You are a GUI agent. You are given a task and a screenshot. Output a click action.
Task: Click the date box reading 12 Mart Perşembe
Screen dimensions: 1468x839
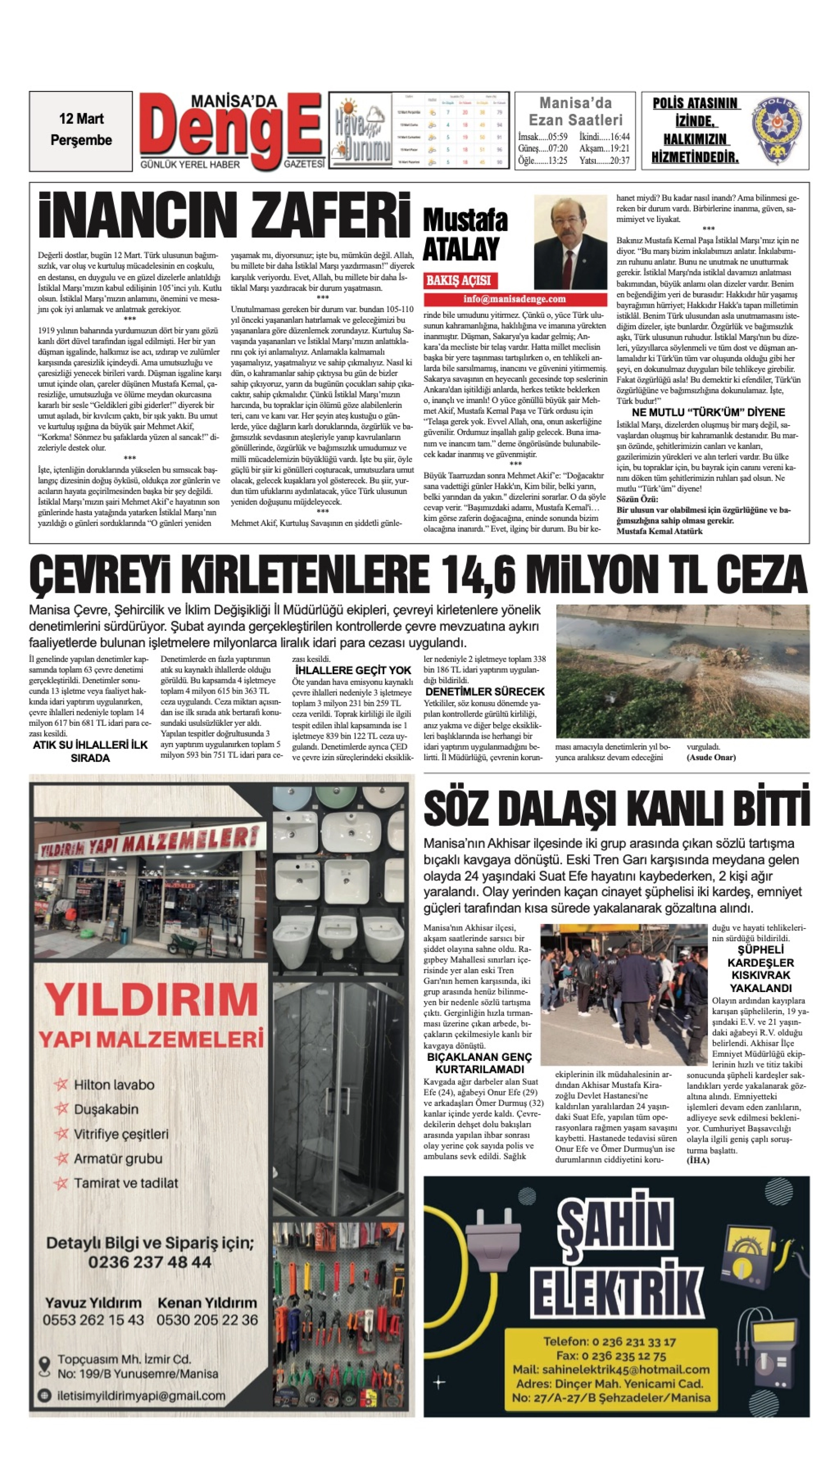coord(81,130)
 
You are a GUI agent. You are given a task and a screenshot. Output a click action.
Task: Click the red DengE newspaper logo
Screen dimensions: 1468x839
coord(231,132)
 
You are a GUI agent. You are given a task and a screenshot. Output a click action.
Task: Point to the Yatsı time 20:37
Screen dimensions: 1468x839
coord(605,161)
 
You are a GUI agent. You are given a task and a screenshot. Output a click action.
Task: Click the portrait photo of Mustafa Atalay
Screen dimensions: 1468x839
coord(570,242)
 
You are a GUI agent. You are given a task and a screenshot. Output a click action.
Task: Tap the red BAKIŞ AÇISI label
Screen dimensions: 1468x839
coord(459,281)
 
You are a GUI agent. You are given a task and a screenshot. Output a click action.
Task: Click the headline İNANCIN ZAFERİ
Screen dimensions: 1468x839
coord(225,215)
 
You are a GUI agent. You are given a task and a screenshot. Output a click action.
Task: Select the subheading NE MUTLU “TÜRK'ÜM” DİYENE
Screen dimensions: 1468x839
coord(708,412)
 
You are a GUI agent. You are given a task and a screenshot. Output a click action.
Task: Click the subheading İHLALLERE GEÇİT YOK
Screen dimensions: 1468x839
coord(353,670)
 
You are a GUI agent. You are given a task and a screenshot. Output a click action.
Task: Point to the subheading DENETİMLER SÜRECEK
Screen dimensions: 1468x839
coord(484,691)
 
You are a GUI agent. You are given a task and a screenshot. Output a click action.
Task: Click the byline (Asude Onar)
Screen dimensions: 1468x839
coord(711,757)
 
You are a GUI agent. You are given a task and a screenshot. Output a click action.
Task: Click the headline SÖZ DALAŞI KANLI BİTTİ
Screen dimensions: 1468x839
coord(616,808)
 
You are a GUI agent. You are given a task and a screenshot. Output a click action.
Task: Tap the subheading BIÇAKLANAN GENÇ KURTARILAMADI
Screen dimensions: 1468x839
coord(480,1063)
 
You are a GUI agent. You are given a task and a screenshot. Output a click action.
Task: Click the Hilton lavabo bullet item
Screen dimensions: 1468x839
coord(113,1085)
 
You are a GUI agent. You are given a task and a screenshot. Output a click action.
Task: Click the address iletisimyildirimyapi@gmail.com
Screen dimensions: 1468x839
coord(141,1396)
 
